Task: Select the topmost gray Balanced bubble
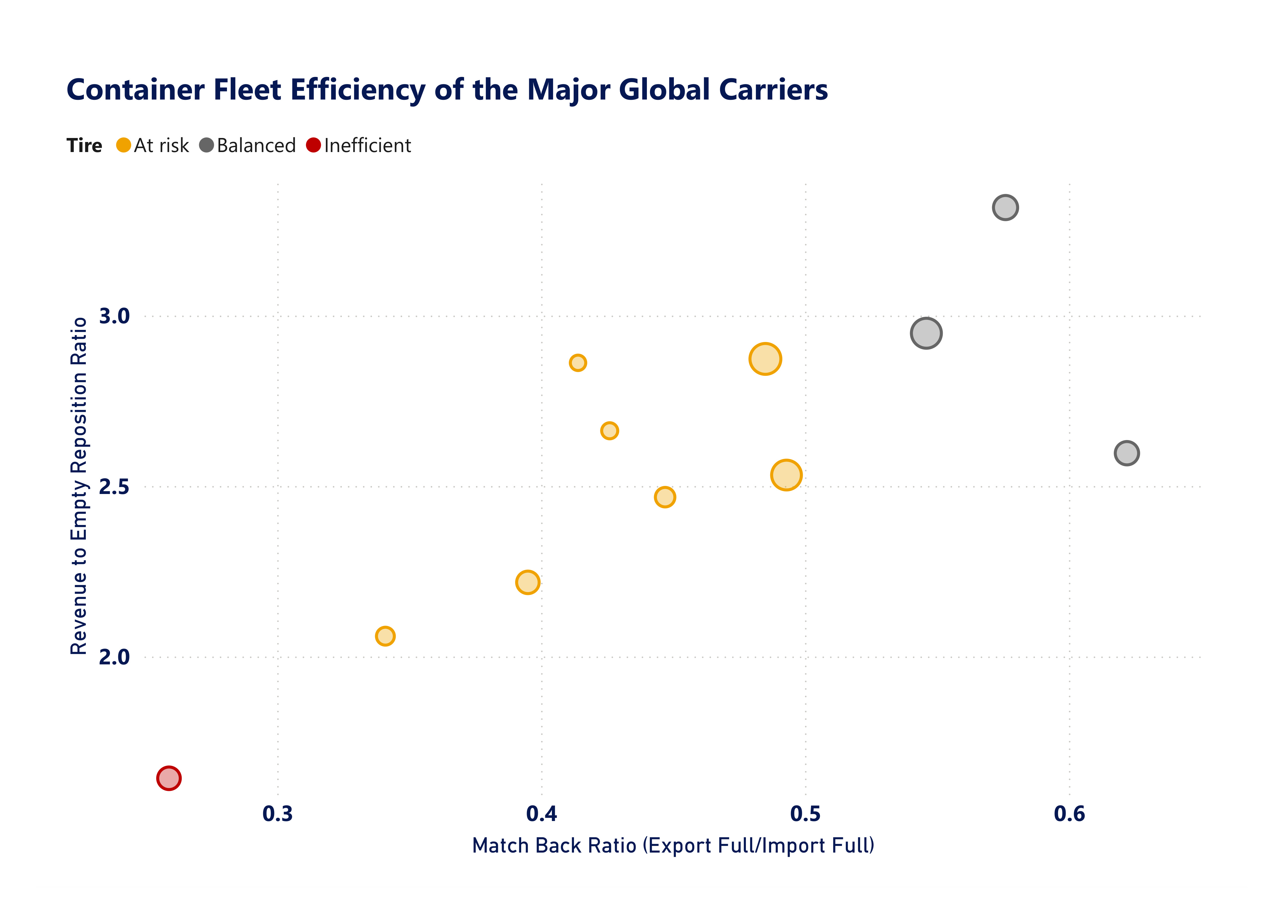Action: (1005, 208)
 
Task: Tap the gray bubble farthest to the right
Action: (1127, 453)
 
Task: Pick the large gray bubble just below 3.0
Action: (926, 333)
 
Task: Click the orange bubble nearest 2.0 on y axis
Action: (385, 636)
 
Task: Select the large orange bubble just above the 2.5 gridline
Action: (786, 475)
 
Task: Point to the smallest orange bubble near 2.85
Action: (577, 363)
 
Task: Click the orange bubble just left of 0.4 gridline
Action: (528, 582)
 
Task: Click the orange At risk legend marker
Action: (123, 145)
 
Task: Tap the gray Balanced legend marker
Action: (207, 145)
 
